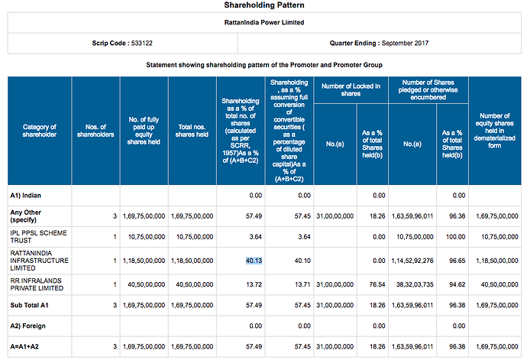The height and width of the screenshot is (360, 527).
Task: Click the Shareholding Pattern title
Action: click(x=264, y=5)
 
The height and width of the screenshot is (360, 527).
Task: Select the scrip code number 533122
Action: click(x=142, y=43)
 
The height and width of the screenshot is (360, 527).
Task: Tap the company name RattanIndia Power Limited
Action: click(x=264, y=22)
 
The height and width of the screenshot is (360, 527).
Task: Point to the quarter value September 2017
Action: click(x=405, y=43)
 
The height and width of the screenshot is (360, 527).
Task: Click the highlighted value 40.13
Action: click(x=254, y=261)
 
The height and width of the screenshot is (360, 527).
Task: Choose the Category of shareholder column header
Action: click(x=40, y=131)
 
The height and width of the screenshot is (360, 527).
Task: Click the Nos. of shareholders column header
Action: click(x=95, y=131)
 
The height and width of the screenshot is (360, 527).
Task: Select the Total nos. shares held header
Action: click(x=192, y=131)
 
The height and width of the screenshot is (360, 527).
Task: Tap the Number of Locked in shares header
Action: click(x=351, y=90)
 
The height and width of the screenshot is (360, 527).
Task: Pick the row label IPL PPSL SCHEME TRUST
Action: click(x=38, y=236)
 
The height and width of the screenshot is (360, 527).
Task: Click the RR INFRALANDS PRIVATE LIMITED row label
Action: click(x=37, y=284)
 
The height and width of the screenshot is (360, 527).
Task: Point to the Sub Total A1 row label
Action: click(x=29, y=305)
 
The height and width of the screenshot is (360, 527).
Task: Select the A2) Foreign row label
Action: click(x=27, y=326)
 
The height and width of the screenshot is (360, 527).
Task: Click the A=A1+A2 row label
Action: click(x=24, y=346)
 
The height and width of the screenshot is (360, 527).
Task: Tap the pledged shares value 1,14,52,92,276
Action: click(x=412, y=261)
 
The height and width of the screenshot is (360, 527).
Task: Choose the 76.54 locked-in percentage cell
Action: click(x=377, y=284)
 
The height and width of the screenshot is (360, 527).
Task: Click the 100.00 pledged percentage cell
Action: click(x=455, y=237)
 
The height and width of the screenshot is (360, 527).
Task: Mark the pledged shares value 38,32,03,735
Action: click(x=415, y=284)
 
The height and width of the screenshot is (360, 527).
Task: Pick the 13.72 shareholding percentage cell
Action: click(x=254, y=284)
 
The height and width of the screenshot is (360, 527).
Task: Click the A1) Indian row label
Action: click(x=25, y=196)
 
